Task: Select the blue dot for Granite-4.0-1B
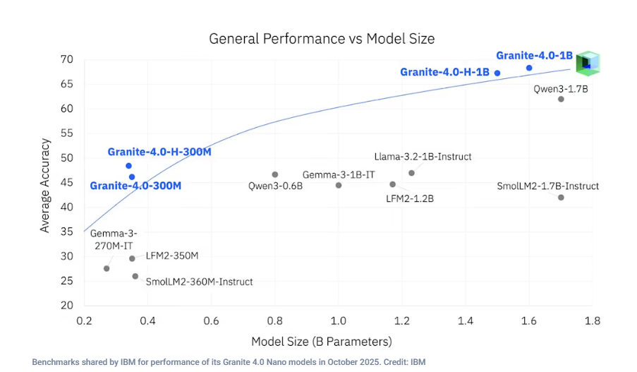529,68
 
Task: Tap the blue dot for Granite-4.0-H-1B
497,73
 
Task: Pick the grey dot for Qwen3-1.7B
561,99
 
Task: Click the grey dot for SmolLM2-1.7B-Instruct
561,198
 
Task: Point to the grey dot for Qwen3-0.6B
275,174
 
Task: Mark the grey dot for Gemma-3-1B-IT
339,186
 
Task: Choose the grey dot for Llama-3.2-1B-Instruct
412,173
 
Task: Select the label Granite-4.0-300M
135,186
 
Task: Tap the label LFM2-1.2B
410,199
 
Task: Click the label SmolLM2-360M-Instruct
199,282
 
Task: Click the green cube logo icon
587,63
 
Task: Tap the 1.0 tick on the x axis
338,320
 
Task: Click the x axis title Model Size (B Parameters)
321,342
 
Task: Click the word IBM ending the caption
418,362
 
